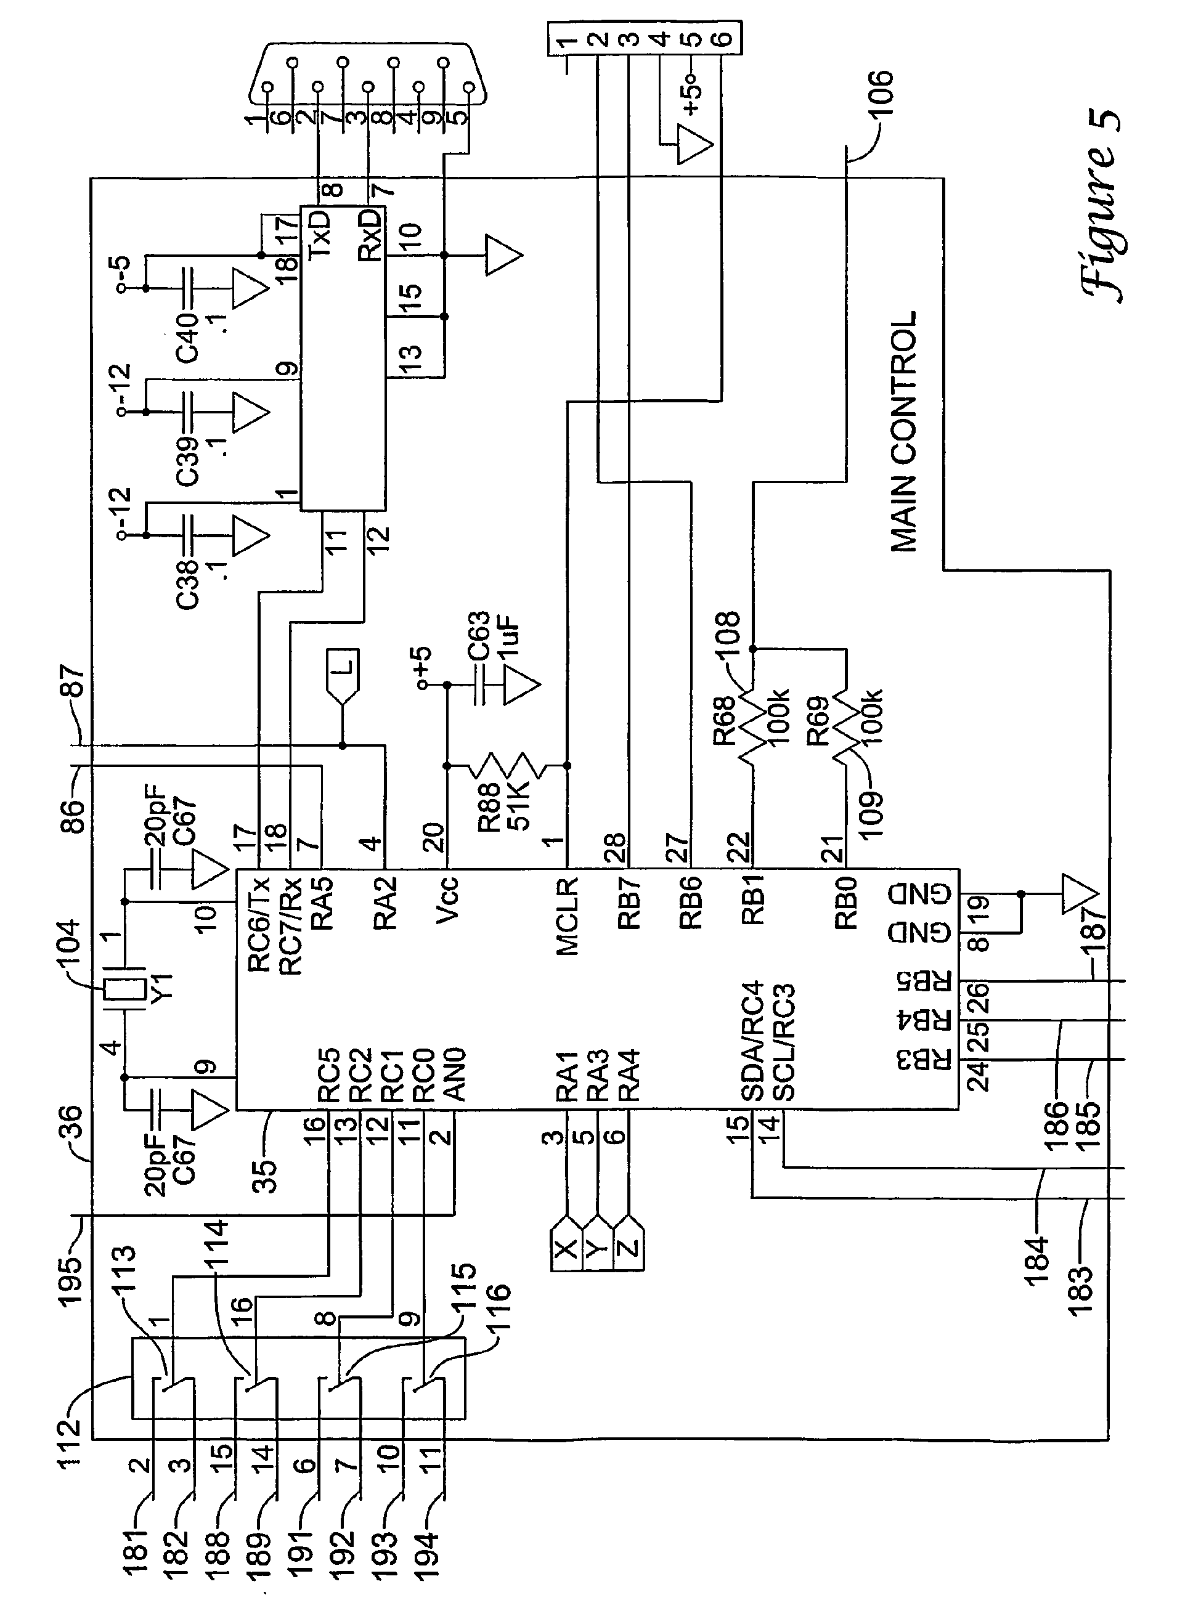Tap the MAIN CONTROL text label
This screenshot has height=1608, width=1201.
(x=903, y=432)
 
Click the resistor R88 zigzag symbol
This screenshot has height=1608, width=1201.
(x=507, y=765)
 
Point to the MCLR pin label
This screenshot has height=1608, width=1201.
(x=567, y=917)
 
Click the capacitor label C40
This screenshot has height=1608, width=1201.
(x=187, y=338)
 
